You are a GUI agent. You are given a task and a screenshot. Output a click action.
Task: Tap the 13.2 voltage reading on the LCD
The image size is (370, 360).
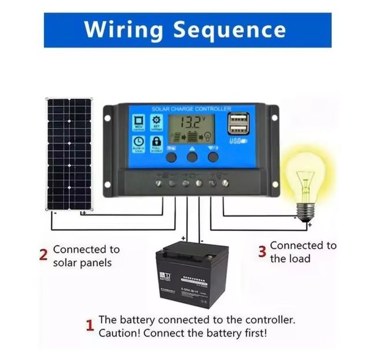(191, 122)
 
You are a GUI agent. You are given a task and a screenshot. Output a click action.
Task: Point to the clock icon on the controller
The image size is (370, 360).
(139, 142)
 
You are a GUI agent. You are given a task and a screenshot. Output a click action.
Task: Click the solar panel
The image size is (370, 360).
(69, 153)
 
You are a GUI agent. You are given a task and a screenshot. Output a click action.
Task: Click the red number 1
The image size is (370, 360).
(90, 326)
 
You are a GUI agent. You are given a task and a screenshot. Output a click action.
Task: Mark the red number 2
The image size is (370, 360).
(43, 255)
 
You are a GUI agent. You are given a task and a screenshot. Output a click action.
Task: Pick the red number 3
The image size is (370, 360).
(262, 252)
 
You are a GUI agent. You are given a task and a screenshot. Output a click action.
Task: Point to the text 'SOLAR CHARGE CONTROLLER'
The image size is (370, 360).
(191, 109)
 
